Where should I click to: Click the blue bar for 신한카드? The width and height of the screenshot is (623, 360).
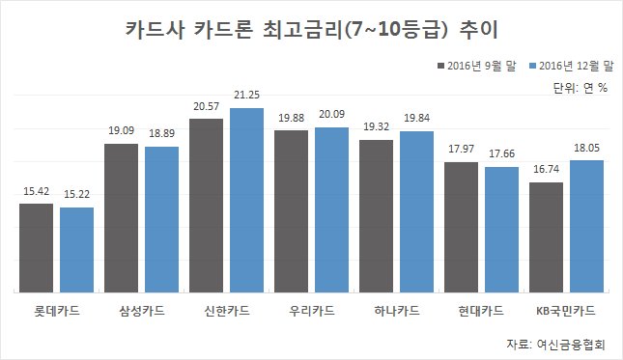point(246,201)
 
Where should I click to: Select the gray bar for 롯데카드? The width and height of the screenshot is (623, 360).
point(36,248)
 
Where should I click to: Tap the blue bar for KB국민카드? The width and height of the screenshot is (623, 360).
point(587,227)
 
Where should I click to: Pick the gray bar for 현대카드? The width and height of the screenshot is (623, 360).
point(462,228)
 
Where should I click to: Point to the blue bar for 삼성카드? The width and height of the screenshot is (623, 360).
point(161,220)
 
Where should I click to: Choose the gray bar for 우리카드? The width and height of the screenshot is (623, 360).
point(292,211)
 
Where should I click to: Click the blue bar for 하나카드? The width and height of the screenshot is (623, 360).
point(417,212)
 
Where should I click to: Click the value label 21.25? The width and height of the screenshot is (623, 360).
point(246,95)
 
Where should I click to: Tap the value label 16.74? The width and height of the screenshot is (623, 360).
point(547,170)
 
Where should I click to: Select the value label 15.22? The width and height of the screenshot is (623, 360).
point(76,194)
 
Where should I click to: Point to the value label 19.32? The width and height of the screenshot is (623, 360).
point(377,127)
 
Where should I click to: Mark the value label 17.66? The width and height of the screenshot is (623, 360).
point(502,153)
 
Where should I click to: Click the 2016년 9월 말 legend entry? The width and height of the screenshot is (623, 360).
point(477,66)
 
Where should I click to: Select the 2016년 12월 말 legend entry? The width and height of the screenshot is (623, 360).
point(572,66)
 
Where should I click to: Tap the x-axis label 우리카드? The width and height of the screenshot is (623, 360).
point(312,311)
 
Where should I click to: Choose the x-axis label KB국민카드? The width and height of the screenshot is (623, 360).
point(566,311)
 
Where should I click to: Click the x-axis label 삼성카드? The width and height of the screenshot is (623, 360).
point(142,311)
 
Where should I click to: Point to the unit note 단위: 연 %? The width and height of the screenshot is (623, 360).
point(581,88)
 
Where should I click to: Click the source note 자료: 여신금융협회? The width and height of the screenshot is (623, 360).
point(555,345)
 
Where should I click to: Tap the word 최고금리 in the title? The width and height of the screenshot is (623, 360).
point(302,30)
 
